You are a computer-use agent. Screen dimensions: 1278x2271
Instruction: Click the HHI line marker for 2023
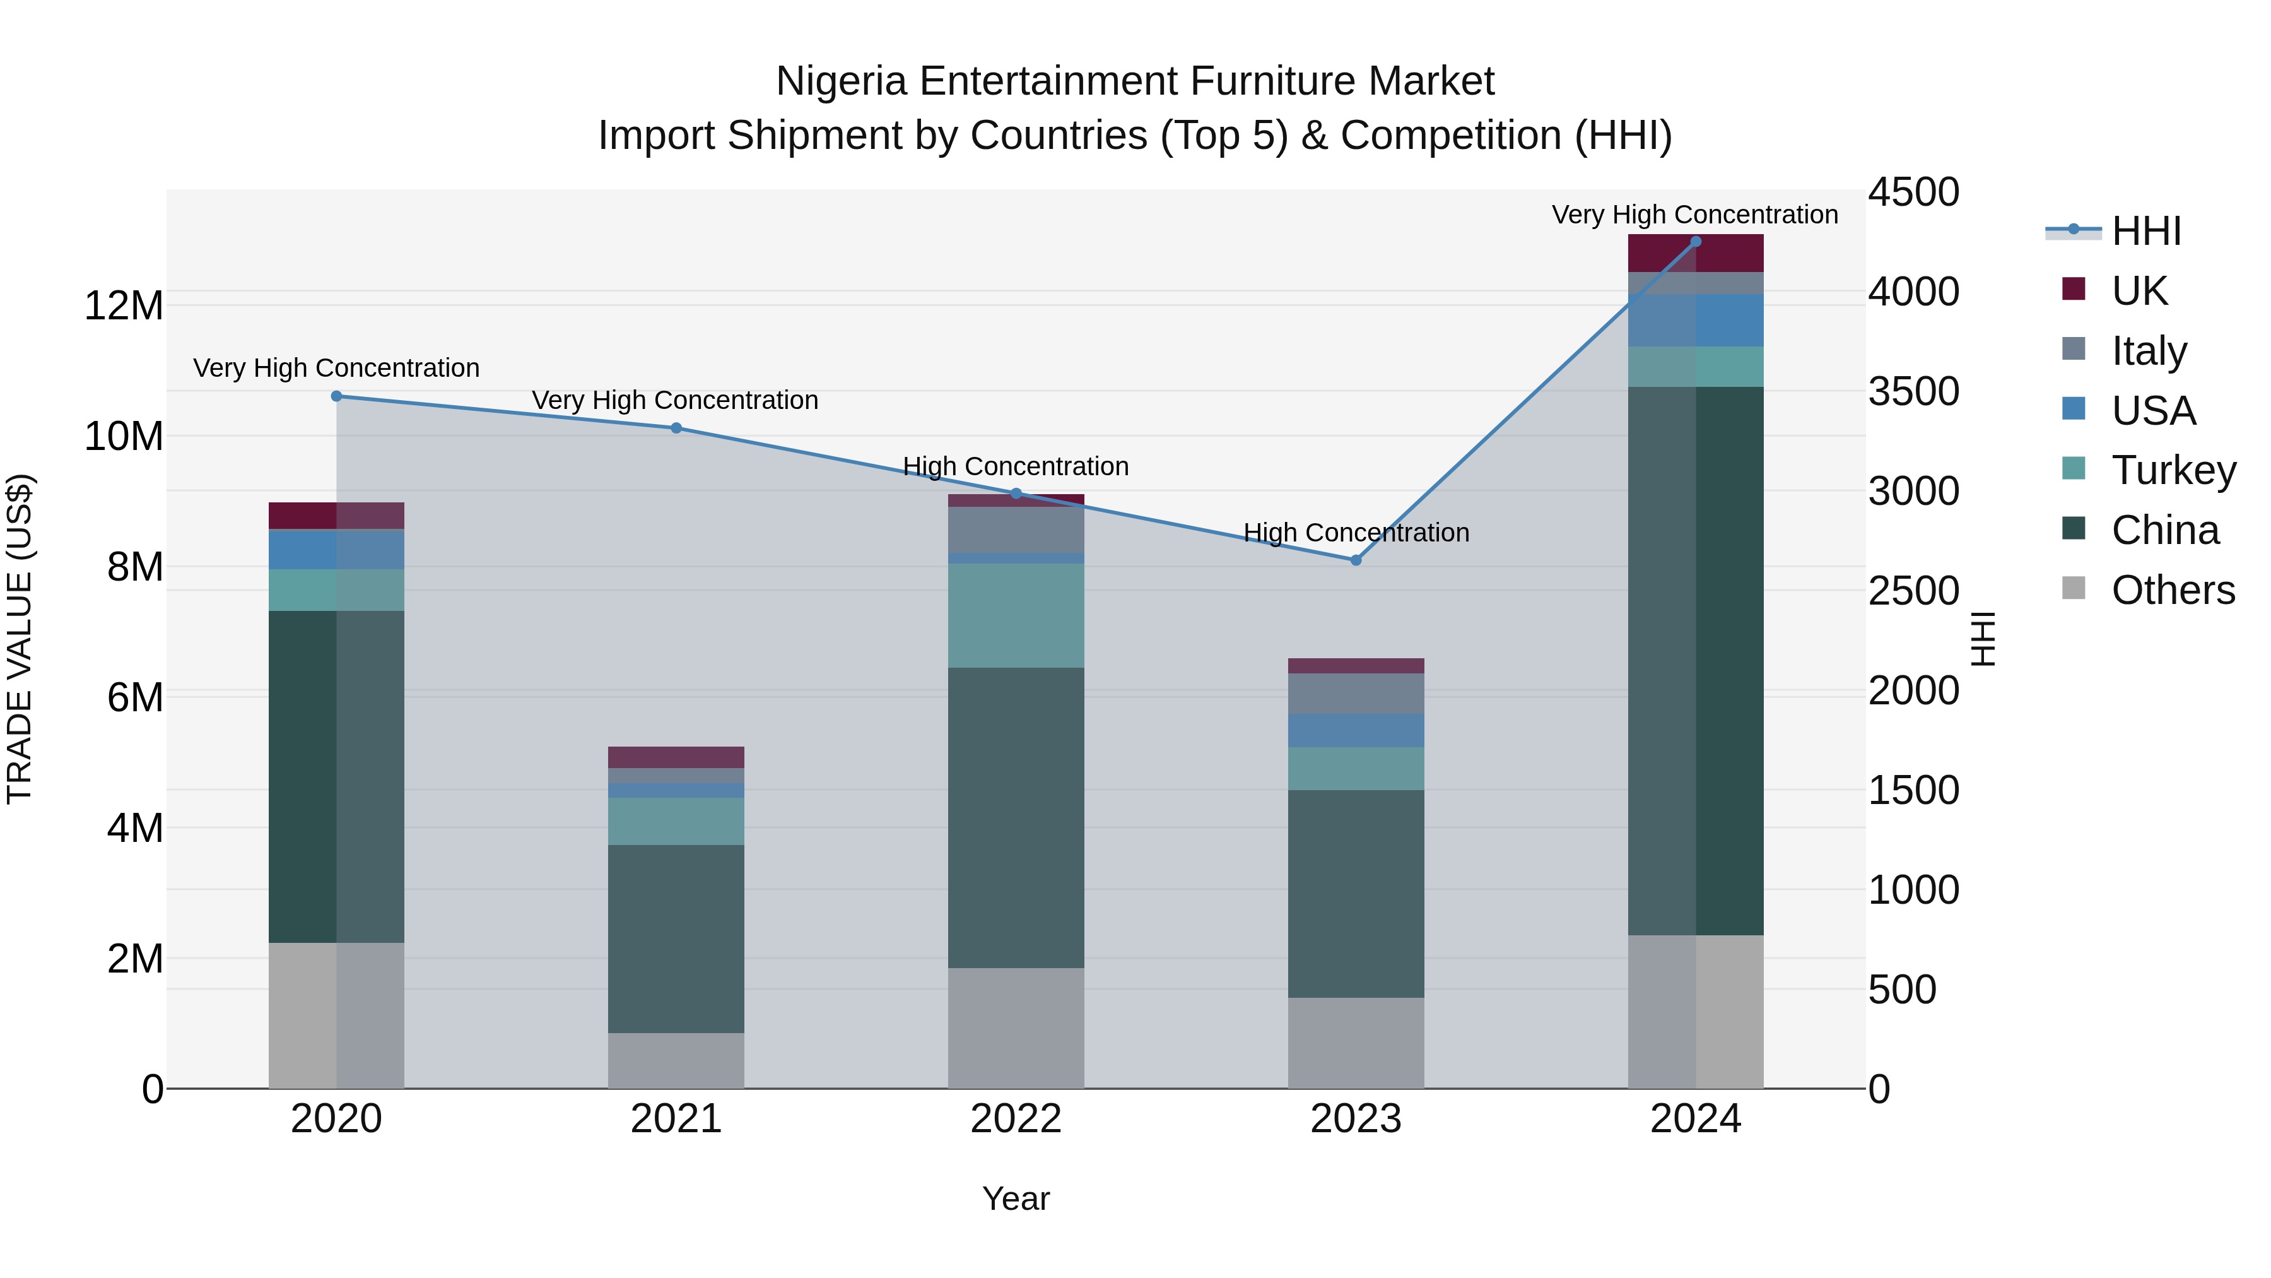click(x=1356, y=560)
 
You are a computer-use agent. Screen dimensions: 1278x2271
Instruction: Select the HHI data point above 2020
click(x=336, y=396)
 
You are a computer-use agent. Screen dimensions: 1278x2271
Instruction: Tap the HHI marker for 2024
click(x=1695, y=242)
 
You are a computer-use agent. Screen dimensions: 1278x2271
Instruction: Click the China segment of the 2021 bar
click(x=676, y=938)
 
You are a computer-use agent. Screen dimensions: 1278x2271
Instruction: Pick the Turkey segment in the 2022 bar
click(x=1016, y=615)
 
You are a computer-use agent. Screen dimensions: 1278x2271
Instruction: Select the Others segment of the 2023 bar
click(x=1356, y=1043)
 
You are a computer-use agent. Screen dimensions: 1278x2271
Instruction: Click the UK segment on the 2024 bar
click(x=1695, y=253)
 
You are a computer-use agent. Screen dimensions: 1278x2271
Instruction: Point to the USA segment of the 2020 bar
click(x=336, y=550)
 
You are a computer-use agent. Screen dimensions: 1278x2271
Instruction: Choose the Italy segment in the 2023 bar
click(x=1356, y=693)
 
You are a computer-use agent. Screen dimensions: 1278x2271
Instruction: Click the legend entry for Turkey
click(x=2173, y=470)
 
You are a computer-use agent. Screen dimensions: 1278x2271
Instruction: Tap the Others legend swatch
click(x=2074, y=588)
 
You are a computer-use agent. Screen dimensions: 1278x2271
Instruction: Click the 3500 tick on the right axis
click(x=1913, y=391)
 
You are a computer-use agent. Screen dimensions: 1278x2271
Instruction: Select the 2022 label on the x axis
click(x=1016, y=1119)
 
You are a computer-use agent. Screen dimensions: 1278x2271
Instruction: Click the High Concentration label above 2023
click(x=1356, y=533)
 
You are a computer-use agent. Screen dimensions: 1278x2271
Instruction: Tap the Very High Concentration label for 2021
click(x=674, y=400)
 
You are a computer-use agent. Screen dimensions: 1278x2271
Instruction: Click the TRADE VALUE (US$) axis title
click(x=20, y=639)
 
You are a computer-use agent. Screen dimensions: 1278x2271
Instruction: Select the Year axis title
click(x=1016, y=1198)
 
